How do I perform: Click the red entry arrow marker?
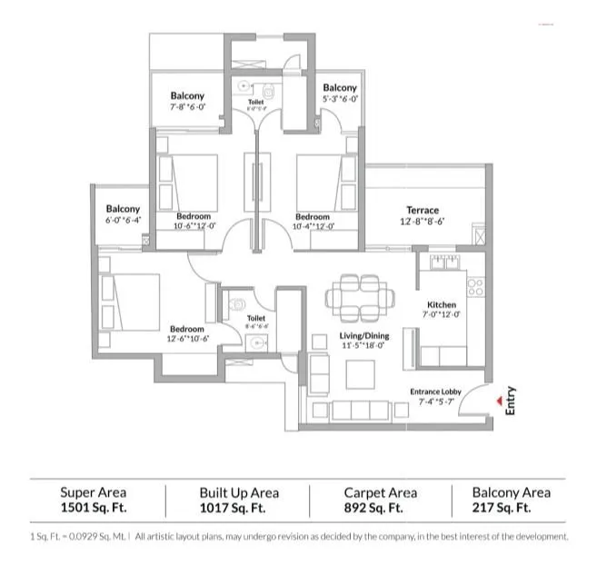click(497, 396)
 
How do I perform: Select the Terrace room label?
click(423, 210)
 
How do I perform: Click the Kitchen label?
click(442, 305)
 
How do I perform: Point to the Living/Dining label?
click(363, 335)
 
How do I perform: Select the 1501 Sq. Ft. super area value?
click(94, 509)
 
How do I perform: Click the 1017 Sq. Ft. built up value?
click(238, 509)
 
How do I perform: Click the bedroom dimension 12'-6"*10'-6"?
click(187, 339)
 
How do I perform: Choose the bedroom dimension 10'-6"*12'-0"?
click(194, 227)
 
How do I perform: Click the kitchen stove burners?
click(474, 287)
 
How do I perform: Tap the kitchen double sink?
click(443, 264)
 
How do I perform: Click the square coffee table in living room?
click(362, 372)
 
